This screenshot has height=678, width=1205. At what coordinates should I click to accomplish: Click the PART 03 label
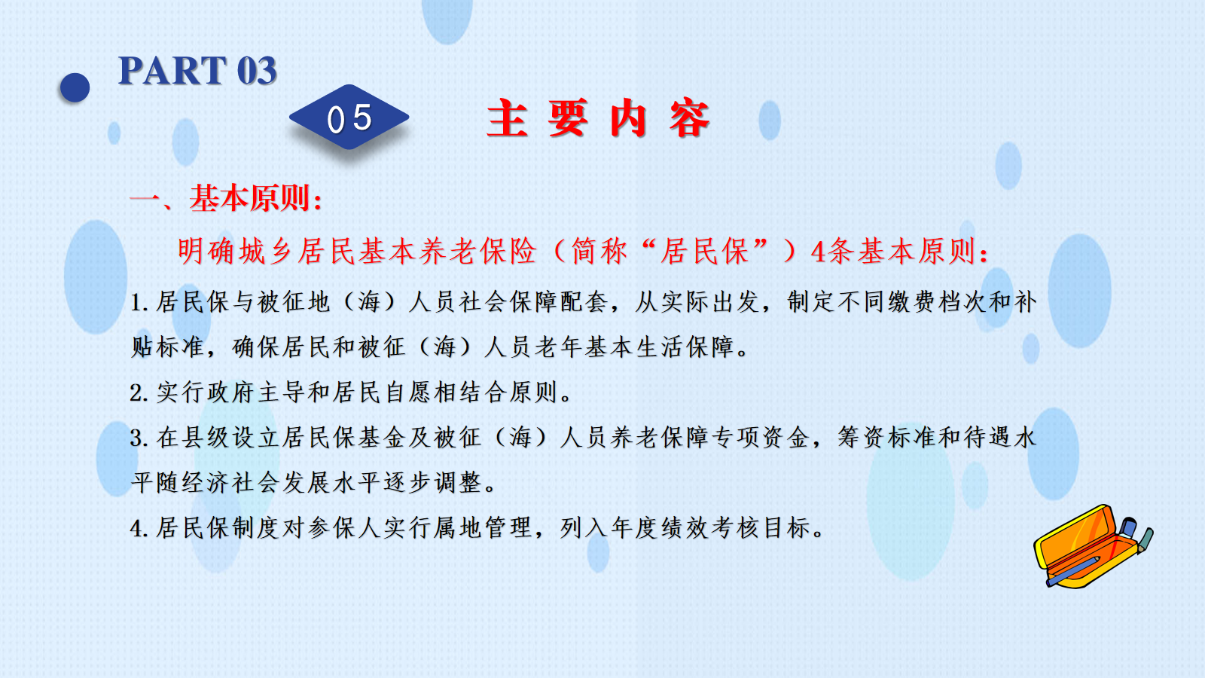coord(197,71)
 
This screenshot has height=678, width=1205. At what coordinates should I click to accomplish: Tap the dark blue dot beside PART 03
coord(75,87)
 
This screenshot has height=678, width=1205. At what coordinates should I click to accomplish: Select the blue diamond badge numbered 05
coord(349,118)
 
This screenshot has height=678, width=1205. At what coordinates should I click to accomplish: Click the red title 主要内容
coord(598,118)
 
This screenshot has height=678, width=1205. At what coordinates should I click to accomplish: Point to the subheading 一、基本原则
coord(226,198)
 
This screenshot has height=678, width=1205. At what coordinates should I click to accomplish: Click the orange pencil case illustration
coord(1093,546)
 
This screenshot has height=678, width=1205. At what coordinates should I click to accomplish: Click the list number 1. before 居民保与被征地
coord(139,302)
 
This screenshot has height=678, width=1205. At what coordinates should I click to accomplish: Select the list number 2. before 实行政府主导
coord(139,393)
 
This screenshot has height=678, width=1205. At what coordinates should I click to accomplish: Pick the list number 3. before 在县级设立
coord(139,438)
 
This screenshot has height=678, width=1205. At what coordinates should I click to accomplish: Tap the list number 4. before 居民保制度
coord(139,529)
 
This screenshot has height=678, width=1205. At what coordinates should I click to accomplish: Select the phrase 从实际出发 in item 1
coord(697,302)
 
